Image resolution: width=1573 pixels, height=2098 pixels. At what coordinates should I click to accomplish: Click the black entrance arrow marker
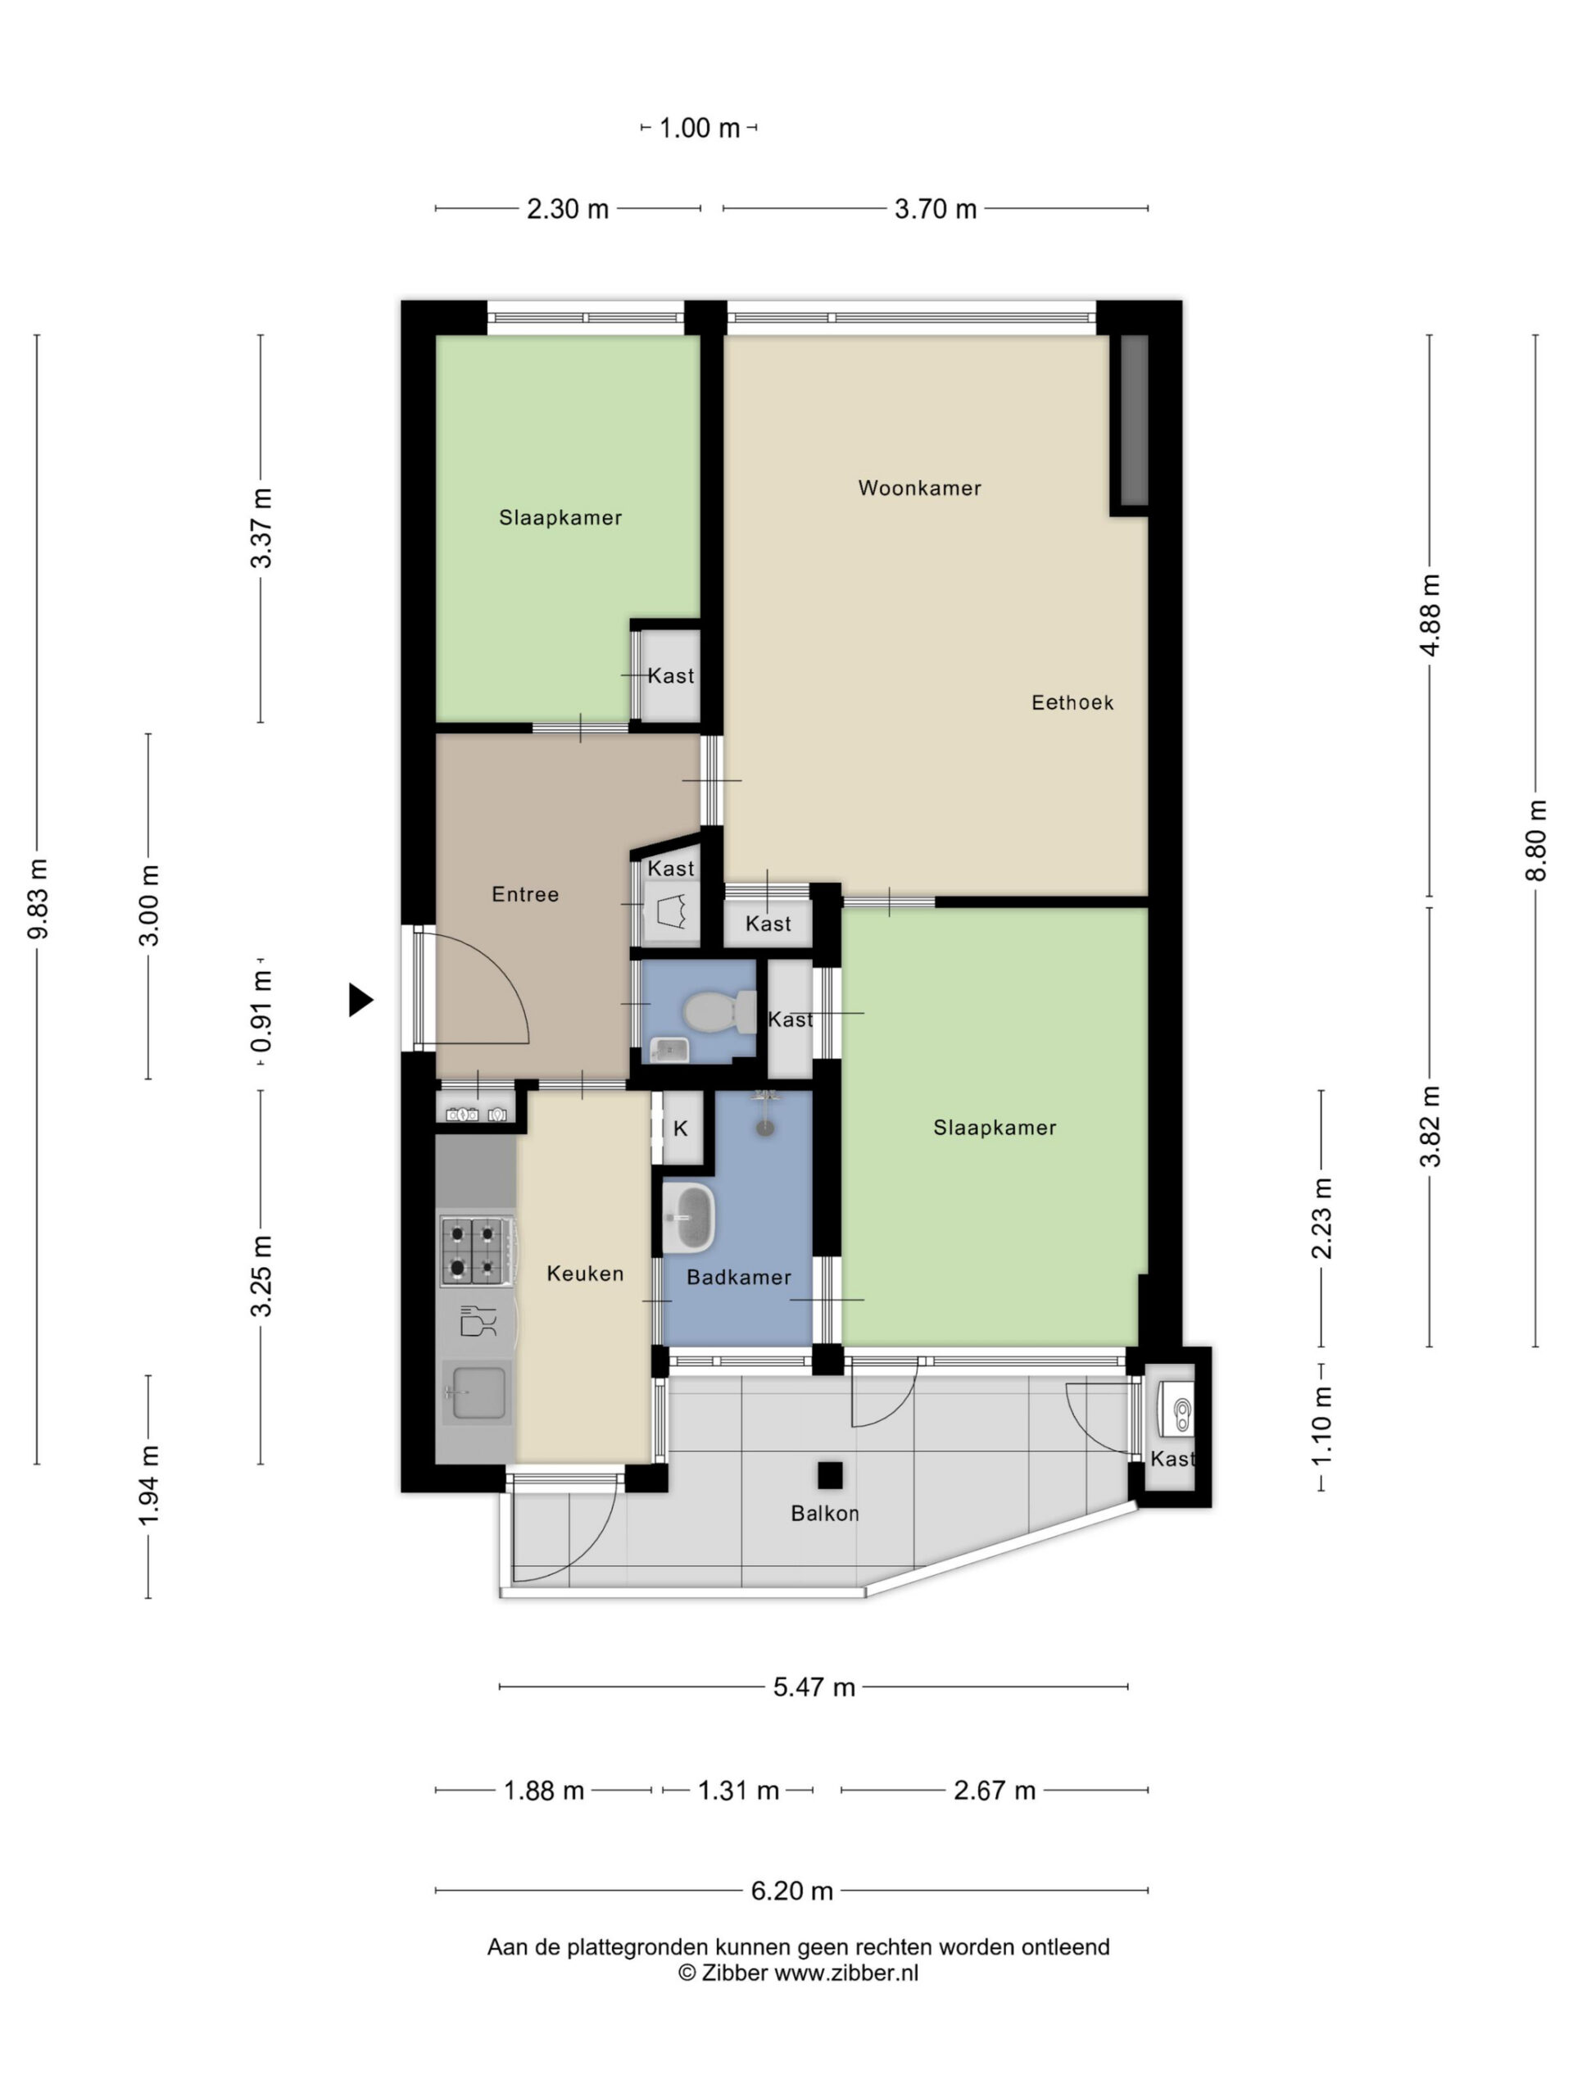coord(360,1000)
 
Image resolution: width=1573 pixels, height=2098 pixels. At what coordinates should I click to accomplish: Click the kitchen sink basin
coord(477,1392)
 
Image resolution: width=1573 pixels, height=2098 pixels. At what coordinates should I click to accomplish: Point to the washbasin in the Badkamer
coord(688,1218)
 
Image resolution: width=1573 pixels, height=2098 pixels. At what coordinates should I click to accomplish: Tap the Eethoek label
coord(1072,703)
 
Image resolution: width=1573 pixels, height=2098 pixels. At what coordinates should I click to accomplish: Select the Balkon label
coord(825,1514)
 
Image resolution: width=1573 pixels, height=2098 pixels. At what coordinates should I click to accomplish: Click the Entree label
coord(525,894)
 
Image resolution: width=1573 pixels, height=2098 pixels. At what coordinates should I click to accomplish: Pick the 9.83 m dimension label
coord(37,899)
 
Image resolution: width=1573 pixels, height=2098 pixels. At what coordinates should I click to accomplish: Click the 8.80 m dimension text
coord(1536,840)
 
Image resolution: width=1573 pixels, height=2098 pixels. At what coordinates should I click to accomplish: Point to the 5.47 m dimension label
coord(814,1687)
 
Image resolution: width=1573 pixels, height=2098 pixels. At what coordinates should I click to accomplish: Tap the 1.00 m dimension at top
coord(699,128)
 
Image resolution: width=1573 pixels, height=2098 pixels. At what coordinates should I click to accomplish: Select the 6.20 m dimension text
coord(791,1891)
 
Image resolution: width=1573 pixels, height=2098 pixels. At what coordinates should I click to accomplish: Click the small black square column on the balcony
coord(830,1476)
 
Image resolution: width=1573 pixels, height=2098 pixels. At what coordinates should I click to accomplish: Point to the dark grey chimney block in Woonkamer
coord(1134,420)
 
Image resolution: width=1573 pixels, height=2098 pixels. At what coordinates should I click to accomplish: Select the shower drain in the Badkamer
coord(765,1128)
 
